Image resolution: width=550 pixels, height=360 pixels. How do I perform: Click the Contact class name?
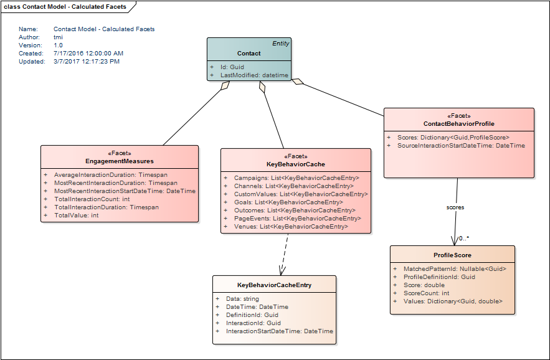tap(249, 54)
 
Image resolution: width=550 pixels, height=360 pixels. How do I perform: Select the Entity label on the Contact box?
tap(281, 44)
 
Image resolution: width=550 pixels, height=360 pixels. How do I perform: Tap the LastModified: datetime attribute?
tap(254, 75)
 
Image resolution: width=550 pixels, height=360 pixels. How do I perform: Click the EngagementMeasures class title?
tap(120, 161)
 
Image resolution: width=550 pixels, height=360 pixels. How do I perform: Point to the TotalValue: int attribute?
tap(77, 215)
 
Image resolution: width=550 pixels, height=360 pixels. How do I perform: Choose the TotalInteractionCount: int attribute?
tap(92, 199)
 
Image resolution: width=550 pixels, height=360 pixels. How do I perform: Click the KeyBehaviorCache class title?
tap(296, 164)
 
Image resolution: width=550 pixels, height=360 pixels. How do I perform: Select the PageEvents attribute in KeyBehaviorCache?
tap(298, 218)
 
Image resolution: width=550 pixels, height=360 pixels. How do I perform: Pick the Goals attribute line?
tap(288, 202)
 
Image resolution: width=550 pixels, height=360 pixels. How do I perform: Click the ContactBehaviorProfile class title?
tap(459, 124)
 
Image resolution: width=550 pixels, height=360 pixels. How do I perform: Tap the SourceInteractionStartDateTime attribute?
tap(462, 146)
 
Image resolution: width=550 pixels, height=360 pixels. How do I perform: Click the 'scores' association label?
tap(455, 207)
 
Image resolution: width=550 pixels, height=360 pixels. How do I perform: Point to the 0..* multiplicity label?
tap(464, 239)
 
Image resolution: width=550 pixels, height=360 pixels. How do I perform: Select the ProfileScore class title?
tap(452, 255)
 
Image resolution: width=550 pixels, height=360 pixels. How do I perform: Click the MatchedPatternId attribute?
tap(455, 269)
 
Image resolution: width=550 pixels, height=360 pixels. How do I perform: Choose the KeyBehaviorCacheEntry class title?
tap(274, 285)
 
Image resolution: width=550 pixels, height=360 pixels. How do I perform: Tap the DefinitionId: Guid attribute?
tap(252, 315)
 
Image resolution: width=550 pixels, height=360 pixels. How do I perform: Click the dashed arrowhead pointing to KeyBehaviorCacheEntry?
tap(282, 271)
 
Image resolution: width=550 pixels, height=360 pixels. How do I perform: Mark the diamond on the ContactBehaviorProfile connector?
tap(298, 82)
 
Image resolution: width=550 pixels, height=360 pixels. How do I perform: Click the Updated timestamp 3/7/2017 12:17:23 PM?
tap(87, 62)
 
